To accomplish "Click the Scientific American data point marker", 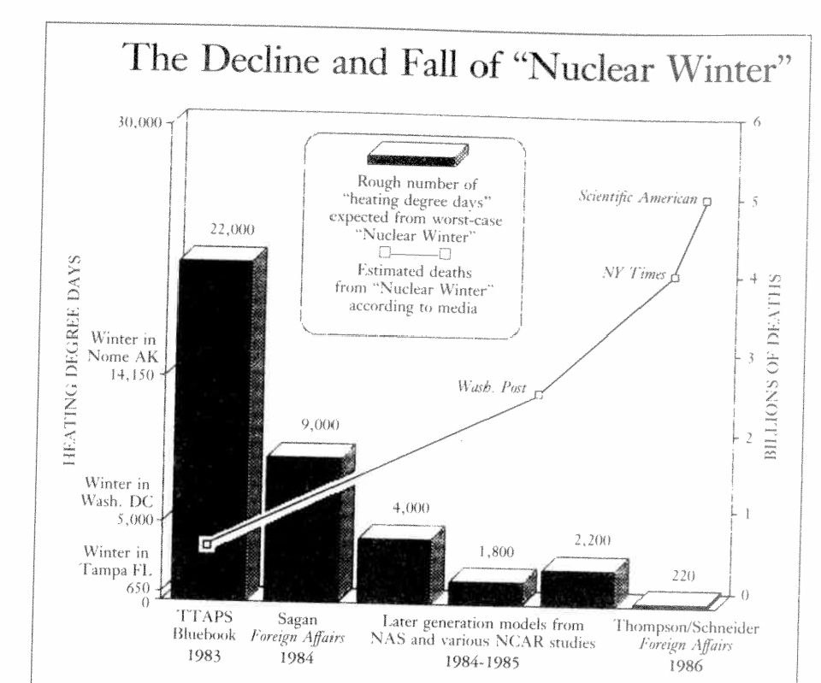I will click(706, 201).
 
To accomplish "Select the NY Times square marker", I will click(675, 278).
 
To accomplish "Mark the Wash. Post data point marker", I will click(539, 395).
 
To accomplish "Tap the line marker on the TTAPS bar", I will click(205, 545).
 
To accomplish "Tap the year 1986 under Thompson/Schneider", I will click(687, 666).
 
